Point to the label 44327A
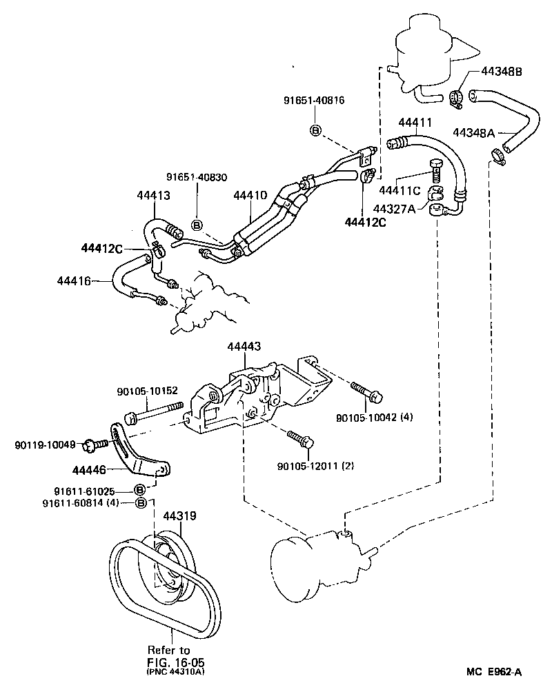[x=394, y=208]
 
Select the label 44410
[x=250, y=196]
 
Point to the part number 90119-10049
[x=45, y=444]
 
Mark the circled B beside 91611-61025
[x=139, y=490]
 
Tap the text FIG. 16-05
[x=169, y=661]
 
